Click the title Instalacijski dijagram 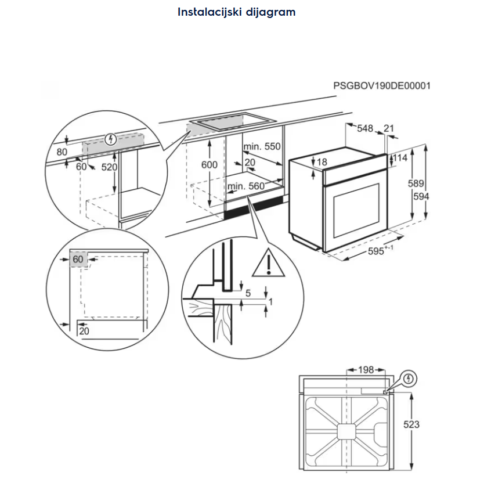click(236, 12)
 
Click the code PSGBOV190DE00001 click(382, 86)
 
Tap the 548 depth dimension click(365, 128)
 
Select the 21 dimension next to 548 click(389, 128)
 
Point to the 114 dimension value click(400, 158)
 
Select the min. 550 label click(262, 147)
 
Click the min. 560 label click(246, 186)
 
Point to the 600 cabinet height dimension click(210, 164)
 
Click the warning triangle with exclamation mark click(268, 264)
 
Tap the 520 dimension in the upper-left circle click(110, 167)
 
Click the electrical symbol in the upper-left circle click(111, 139)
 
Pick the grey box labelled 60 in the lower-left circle click(78, 259)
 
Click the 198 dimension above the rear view click(365, 370)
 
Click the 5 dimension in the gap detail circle click(248, 294)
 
